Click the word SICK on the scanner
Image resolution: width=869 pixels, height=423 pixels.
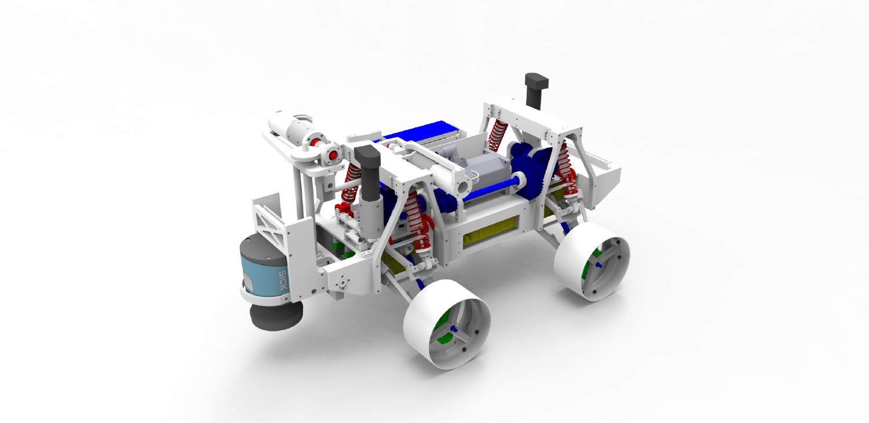283,280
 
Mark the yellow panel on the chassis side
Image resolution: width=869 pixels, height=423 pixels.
490,231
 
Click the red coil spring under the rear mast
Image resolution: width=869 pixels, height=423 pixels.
498,136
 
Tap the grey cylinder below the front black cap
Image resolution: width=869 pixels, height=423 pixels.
368,209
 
